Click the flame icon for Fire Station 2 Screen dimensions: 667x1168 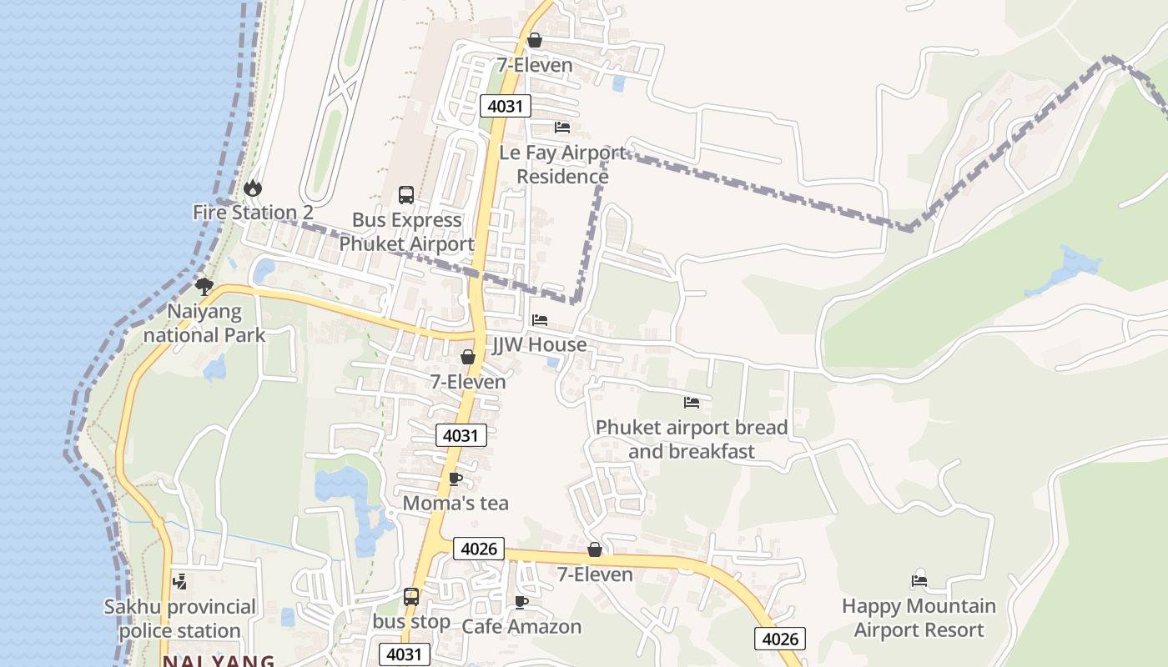[x=253, y=188]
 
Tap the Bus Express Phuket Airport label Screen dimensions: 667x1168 [x=406, y=233]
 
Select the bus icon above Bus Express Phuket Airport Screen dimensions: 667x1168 [x=406, y=195]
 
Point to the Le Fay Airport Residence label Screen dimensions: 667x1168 [x=562, y=164]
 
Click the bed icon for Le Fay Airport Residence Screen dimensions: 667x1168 [x=562, y=128]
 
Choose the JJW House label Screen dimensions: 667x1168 [x=539, y=344]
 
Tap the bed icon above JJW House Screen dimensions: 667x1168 [x=540, y=320]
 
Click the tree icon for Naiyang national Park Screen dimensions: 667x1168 [x=204, y=288]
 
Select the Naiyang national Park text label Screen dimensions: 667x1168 [x=204, y=323]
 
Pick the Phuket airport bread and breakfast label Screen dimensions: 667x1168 [x=692, y=439]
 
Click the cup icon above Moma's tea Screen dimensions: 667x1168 [x=455, y=479]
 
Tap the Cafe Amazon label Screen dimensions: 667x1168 [x=521, y=626]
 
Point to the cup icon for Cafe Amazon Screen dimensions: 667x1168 [x=521, y=602]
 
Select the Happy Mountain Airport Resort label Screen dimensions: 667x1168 [x=919, y=618]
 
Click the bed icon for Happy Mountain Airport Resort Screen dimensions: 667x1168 [x=919, y=581]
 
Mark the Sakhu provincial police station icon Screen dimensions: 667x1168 [x=179, y=582]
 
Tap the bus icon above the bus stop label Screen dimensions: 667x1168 [x=411, y=597]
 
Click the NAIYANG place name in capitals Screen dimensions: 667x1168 [x=219, y=661]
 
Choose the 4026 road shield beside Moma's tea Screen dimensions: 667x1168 [x=479, y=549]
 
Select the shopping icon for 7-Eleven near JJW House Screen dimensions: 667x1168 [x=468, y=357]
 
